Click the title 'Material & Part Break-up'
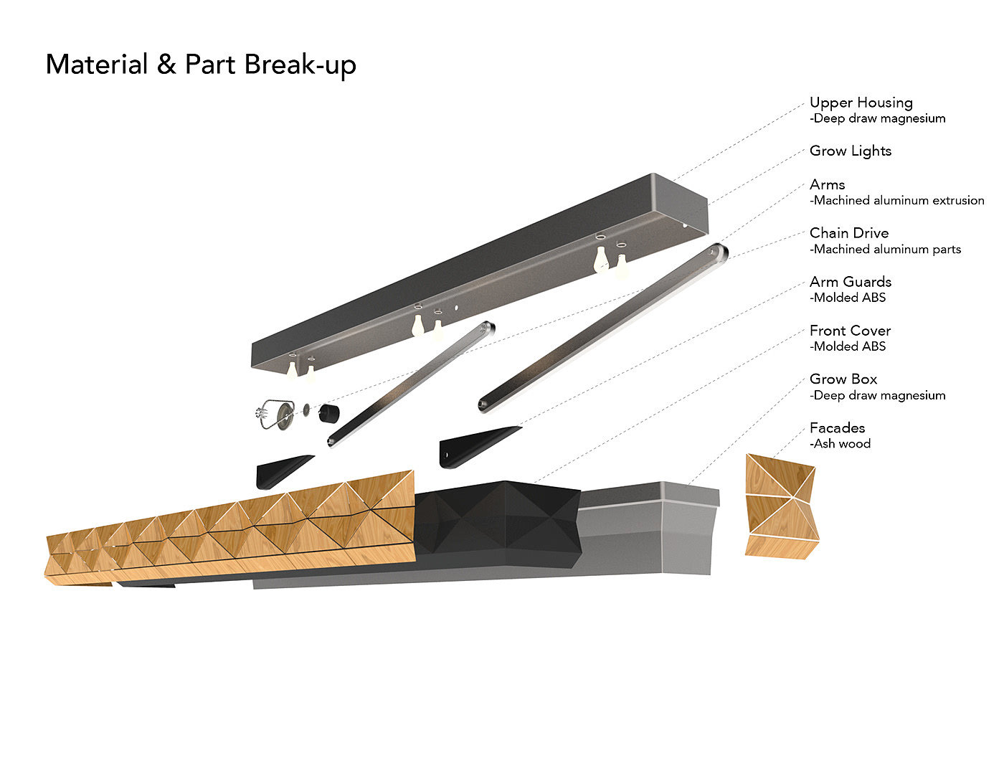click(201, 65)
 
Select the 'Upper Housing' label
click(861, 103)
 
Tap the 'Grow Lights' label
click(851, 151)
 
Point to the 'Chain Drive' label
click(849, 233)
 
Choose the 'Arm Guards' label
click(851, 282)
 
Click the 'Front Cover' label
click(850, 331)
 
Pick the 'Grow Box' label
click(843, 379)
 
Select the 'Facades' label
click(837, 427)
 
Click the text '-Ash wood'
click(840, 444)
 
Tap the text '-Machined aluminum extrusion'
click(897, 201)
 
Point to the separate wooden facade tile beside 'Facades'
click(780, 506)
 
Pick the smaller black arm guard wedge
click(283, 470)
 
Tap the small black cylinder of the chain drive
click(328, 415)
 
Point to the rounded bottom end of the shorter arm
click(332, 440)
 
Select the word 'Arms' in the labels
click(828, 184)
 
